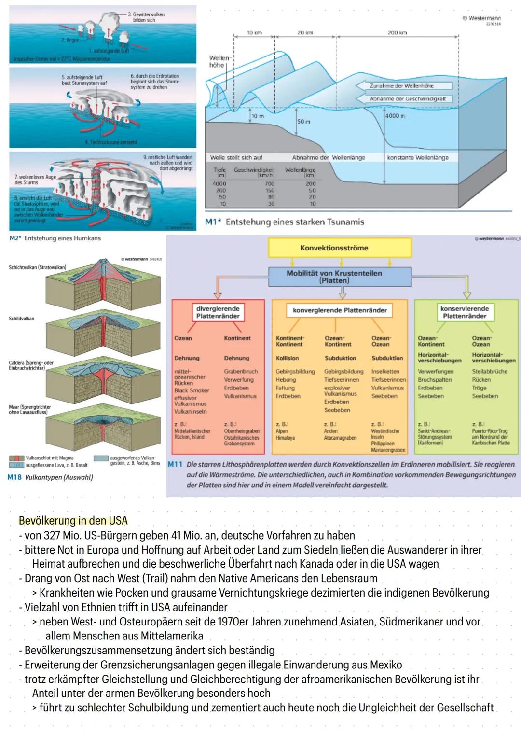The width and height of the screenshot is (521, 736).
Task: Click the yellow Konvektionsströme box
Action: click(x=334, y=248)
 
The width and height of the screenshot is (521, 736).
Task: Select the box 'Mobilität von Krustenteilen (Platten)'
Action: click(x=334, y=277)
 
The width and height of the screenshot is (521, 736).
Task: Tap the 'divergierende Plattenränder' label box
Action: click(x=218, y=312)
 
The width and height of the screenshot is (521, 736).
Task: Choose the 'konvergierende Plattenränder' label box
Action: click(x=340, y=310)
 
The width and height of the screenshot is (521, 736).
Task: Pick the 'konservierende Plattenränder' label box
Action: click(x=464, y=312)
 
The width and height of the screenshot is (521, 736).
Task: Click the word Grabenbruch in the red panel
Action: click(x=241, y=371)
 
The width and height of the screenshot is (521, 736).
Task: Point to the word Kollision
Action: click(x=287, y=358)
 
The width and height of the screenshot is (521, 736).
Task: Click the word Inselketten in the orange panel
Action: click(x=385, y=371)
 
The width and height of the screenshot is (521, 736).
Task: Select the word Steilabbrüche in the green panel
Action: click(x=489, y=371)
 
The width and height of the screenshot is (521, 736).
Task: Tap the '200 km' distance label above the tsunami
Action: click(x=397, y=33)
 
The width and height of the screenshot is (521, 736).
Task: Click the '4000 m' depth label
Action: click(x=395, y=116)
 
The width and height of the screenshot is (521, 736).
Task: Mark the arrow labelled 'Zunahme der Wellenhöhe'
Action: click(x=404, y=86)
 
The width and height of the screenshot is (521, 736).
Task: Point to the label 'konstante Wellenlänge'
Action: click(x=418, y=158)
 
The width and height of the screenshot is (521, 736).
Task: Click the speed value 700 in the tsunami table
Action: click(x=269, y=184)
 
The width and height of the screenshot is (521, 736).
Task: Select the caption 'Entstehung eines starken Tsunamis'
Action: click(x=295, y=222)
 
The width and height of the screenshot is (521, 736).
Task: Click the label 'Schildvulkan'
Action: click(x=22, y=319)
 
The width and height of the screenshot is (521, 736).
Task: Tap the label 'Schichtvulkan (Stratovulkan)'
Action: click(x=38, y=267)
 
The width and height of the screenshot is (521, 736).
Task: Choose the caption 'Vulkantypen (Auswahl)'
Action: click(x=59, y=477)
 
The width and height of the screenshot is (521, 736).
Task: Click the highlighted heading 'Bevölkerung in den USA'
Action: click(x=73, y=521)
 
